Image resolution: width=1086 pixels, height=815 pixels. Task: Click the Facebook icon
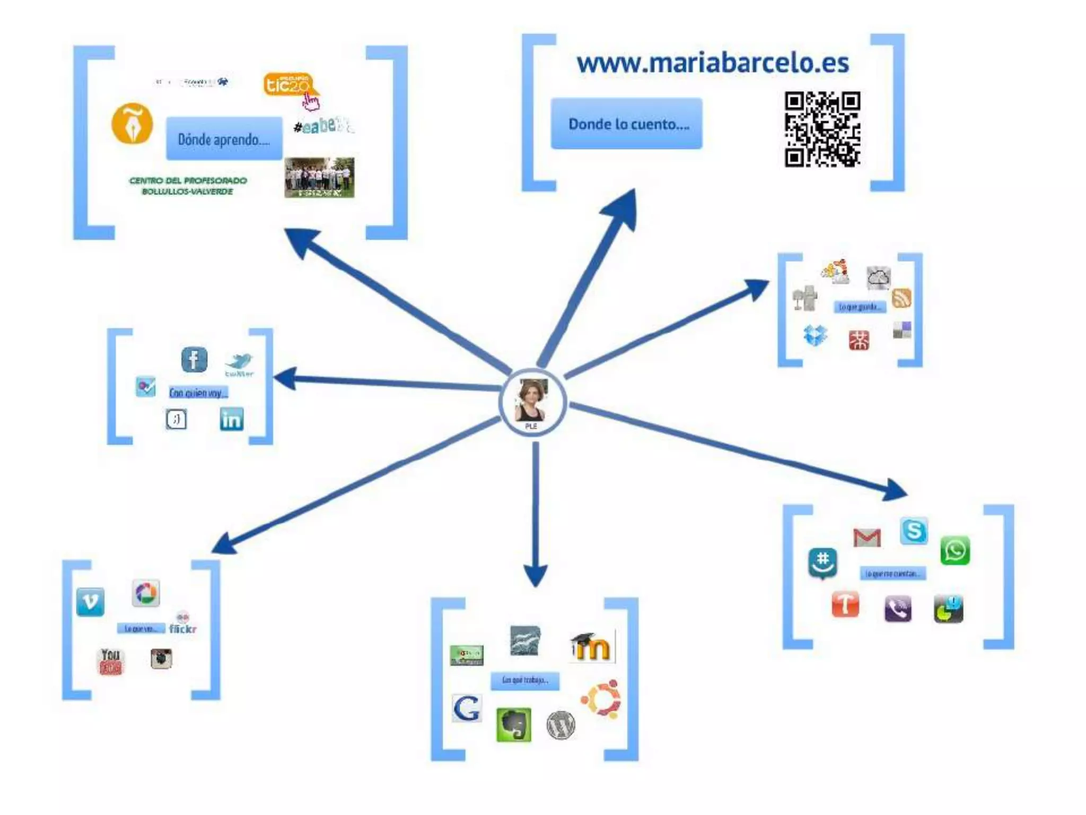[x=194, y=360]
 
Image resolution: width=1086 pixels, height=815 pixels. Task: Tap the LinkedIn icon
[x=232, y=419]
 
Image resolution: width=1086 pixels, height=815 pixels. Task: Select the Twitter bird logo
[x=239, y=363]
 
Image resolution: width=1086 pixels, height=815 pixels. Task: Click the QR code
[x=822, y=129]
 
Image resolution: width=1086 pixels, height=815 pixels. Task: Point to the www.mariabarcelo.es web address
[x=713, y=63]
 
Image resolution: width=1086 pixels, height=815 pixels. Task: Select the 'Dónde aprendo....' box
[x=224, y=139]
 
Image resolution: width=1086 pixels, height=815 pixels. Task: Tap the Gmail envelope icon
[x=867, y=537]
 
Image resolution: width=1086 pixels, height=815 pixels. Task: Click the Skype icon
[x=914, y=531]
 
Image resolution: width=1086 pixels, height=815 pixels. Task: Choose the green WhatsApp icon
[x=955, y=551]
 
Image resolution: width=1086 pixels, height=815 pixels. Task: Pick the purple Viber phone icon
[x=898, y=609]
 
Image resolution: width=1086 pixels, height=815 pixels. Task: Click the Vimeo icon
[x=90, y=602]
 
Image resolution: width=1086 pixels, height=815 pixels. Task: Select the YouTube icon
[x=111, y=661]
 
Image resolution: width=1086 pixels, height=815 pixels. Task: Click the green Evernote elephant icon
[x=513, y=724]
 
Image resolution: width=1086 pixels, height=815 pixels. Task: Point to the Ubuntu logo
[x=601, y=698]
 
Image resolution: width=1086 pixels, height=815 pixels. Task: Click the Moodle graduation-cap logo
[x=591, y=647]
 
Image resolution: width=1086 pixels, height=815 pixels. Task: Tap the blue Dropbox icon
[x=815, y=335]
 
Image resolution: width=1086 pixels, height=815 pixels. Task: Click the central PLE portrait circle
[x=532, y=402]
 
